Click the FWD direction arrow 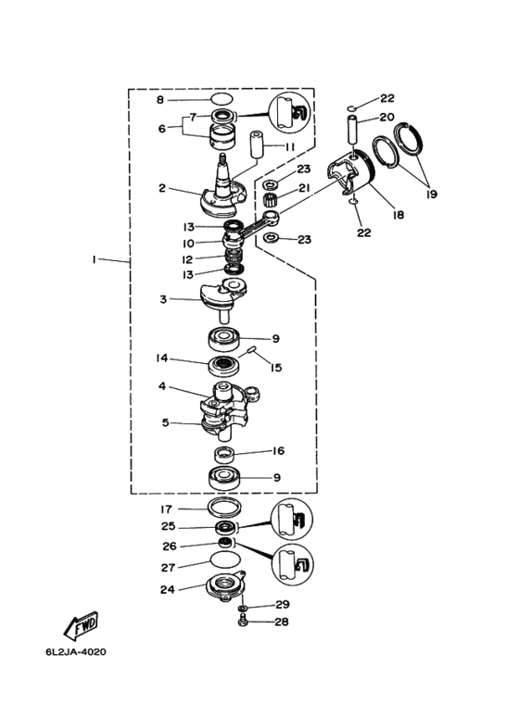pyautogui.click(x=81, y=625)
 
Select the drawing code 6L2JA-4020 pyautogui.click(x=76, y=651)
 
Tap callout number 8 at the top pyautogui.click(x=160, y=99)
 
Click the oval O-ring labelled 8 pyautogui.click(x=222, y=98)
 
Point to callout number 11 pyautogui.click(x=290, y=146)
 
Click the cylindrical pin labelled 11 pyautogui.click(x=256, y=144)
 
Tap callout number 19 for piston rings pyautogui.click(x=431, y=195)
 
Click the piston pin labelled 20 pyautogui.click(x=354, y=133)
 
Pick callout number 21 pyautogui.click(x=304, y=188)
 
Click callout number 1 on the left pyautogui.click(x=94, y=259)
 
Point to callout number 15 pyautogui.click(x=276, y=368)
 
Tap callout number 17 pyautogui.click(x=166, y=509)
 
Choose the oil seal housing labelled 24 pyautogui.click(x=225, y=588)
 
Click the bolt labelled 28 pyautogui.click(x=242, y=621)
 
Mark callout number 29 pyautogui.click(x=283, y=604)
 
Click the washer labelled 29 pyautogui.click(x=242, y=609)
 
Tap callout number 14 pyautogui.click(x=162, y=358)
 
